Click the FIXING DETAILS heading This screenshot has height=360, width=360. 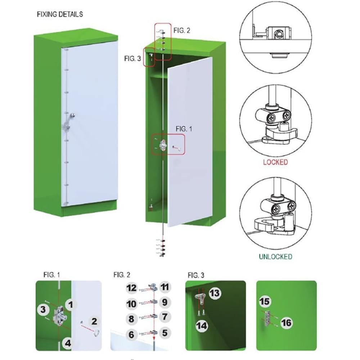pos(60,14)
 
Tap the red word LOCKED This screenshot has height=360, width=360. pos(275,162)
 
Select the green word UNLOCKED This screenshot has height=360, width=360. pos(275,257)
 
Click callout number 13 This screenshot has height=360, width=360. pos(215,293)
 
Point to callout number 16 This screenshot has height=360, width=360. pos(287,323)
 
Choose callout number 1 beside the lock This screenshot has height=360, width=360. pos(71,305)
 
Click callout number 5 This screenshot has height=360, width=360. pos(165,333)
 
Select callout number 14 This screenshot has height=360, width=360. pos(202,326)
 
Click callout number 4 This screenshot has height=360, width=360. pos(68,343)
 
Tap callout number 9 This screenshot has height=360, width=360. pos(165,302)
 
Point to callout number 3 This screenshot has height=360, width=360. pos(43,309)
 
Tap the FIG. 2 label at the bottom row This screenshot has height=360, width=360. pos(122,275)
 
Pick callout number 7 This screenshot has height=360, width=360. pos(165,318)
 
